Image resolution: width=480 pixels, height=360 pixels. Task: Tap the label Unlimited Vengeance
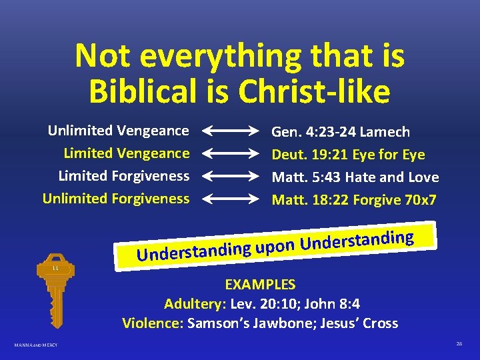118,130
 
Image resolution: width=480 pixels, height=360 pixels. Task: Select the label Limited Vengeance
126,153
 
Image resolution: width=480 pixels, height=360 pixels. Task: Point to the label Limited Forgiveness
123,175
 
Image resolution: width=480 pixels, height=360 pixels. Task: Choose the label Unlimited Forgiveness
115,198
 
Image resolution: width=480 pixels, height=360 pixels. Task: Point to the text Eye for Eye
388,155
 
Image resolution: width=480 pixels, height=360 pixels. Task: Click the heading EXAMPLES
260,285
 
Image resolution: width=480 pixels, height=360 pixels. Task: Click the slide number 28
459,343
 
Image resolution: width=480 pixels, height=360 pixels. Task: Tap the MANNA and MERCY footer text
36,345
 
